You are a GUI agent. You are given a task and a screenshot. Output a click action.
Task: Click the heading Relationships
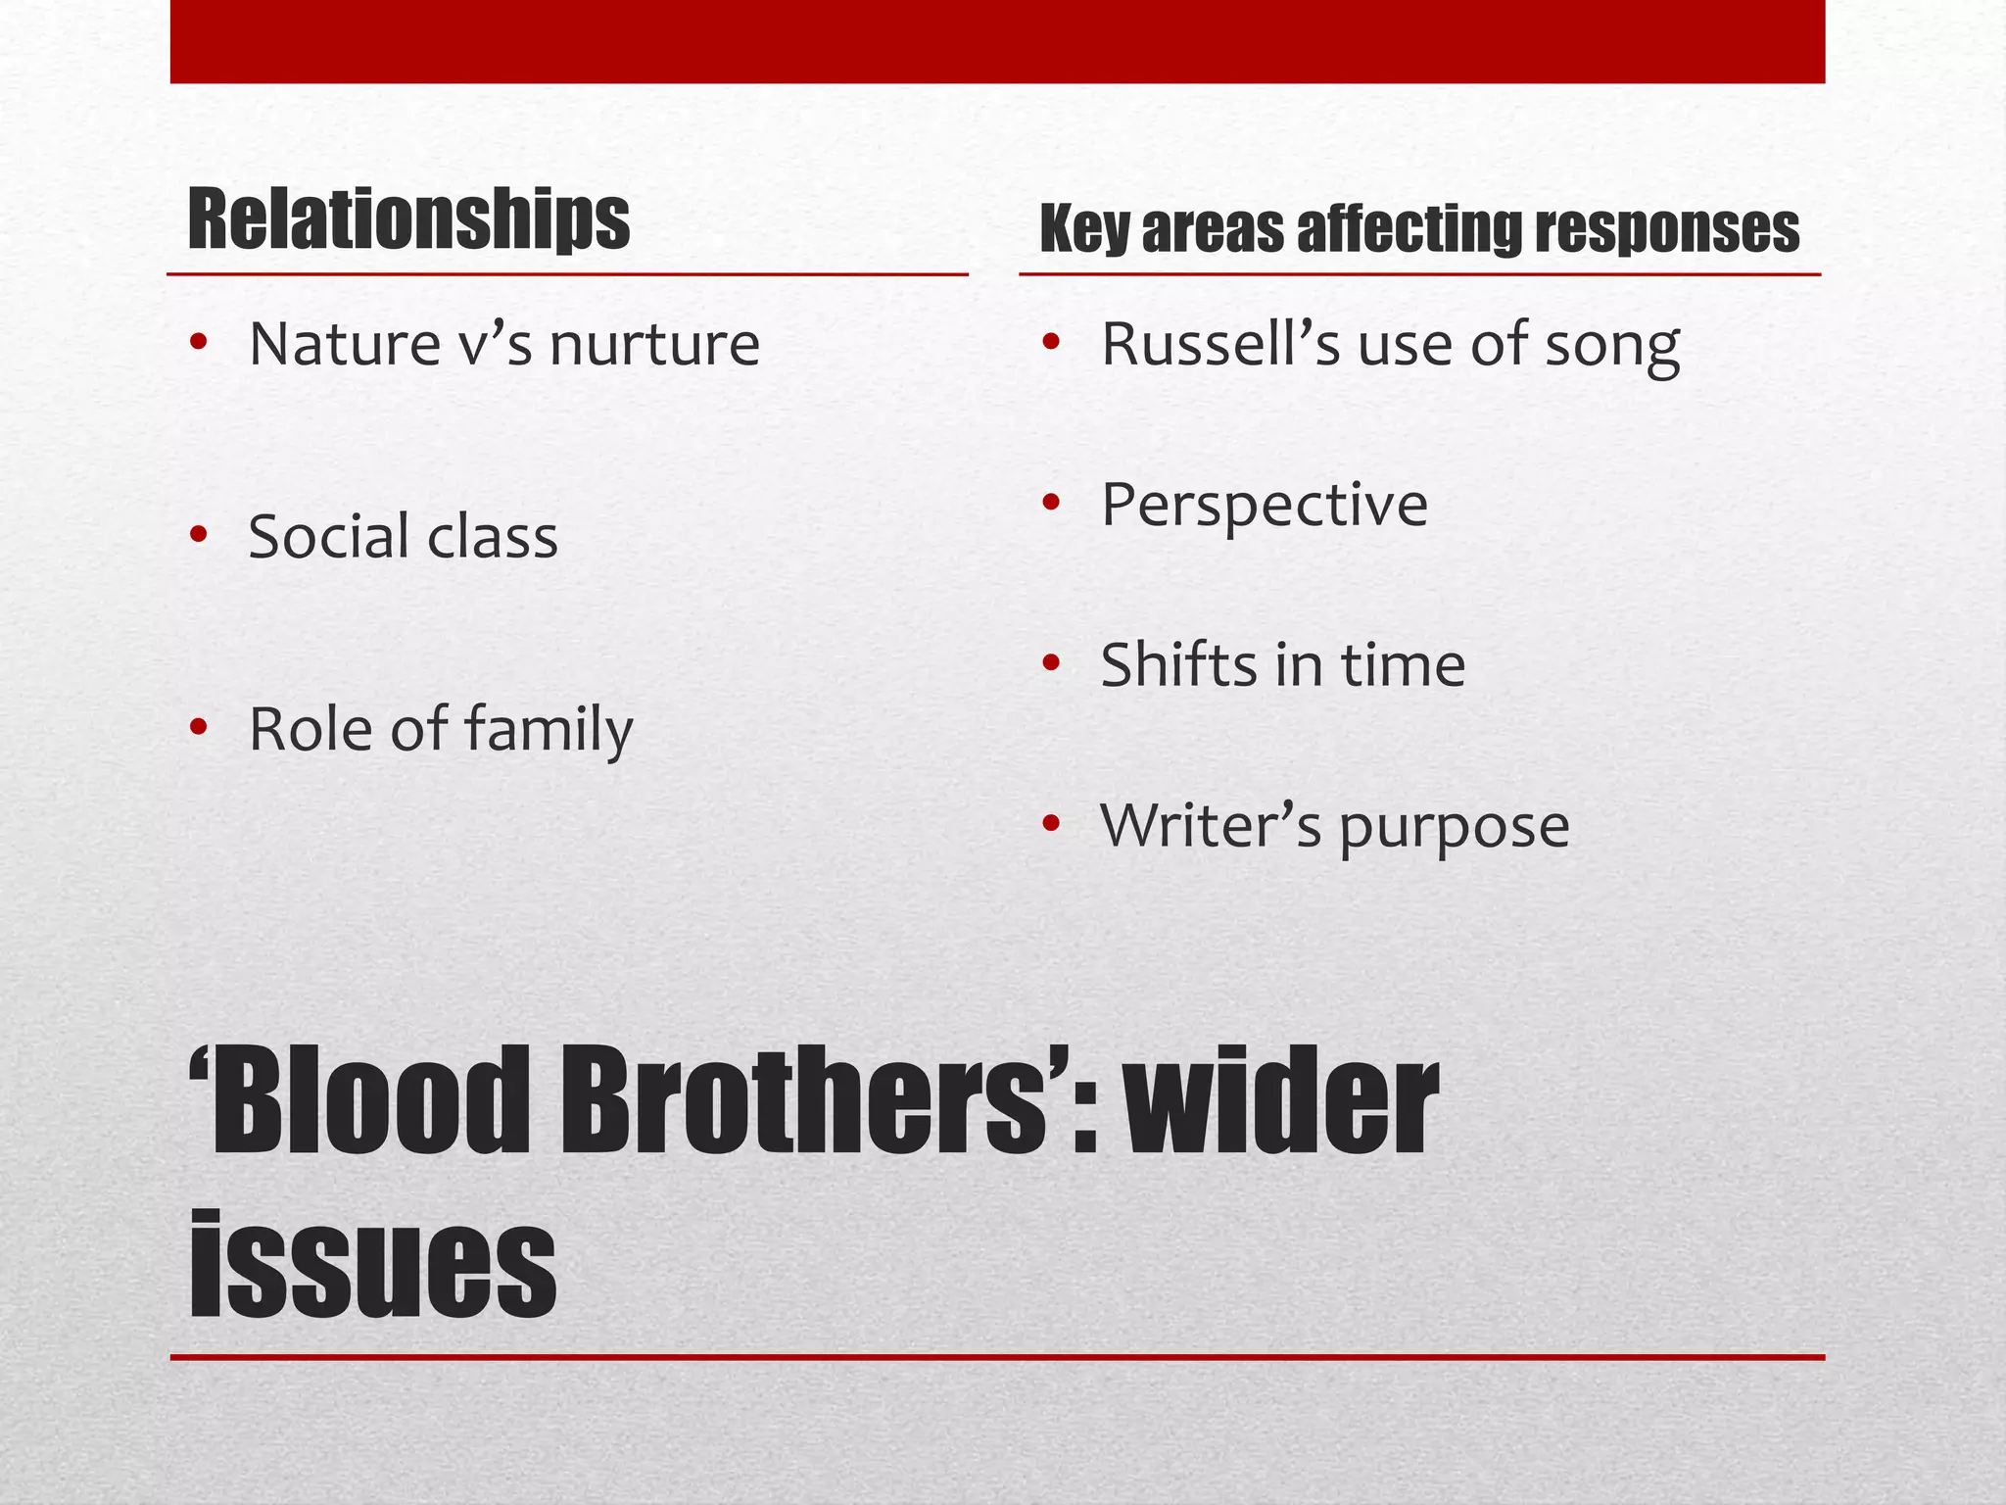click(407, 220)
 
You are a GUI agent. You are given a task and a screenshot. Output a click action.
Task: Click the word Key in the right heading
click(1084, 230)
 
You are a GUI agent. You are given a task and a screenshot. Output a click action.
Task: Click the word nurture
click(654, 345)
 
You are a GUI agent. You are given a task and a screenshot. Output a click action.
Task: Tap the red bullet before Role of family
click(199, 728)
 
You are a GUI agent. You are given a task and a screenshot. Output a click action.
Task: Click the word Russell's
click(1220, 345)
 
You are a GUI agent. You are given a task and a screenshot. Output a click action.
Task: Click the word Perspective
click(1265, 506)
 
